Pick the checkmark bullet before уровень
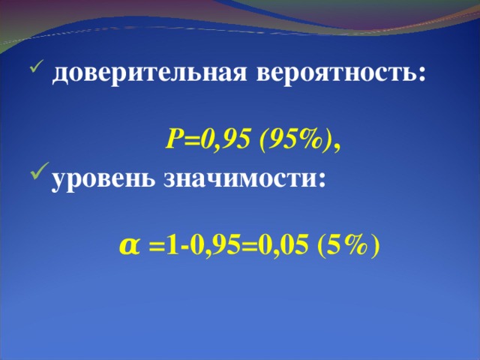pos(37,178)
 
